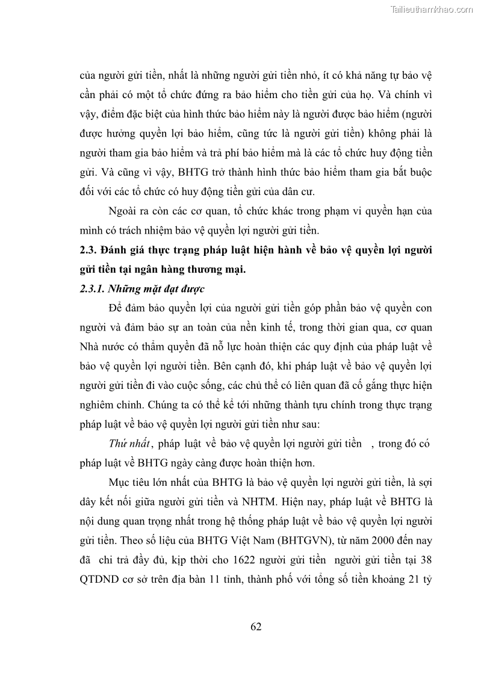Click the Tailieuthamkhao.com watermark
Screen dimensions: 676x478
point(432,9)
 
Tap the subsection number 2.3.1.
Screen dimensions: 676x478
point(93,288)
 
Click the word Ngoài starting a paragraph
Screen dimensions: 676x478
point(123,211)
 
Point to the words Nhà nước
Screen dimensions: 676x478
point(99,346)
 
